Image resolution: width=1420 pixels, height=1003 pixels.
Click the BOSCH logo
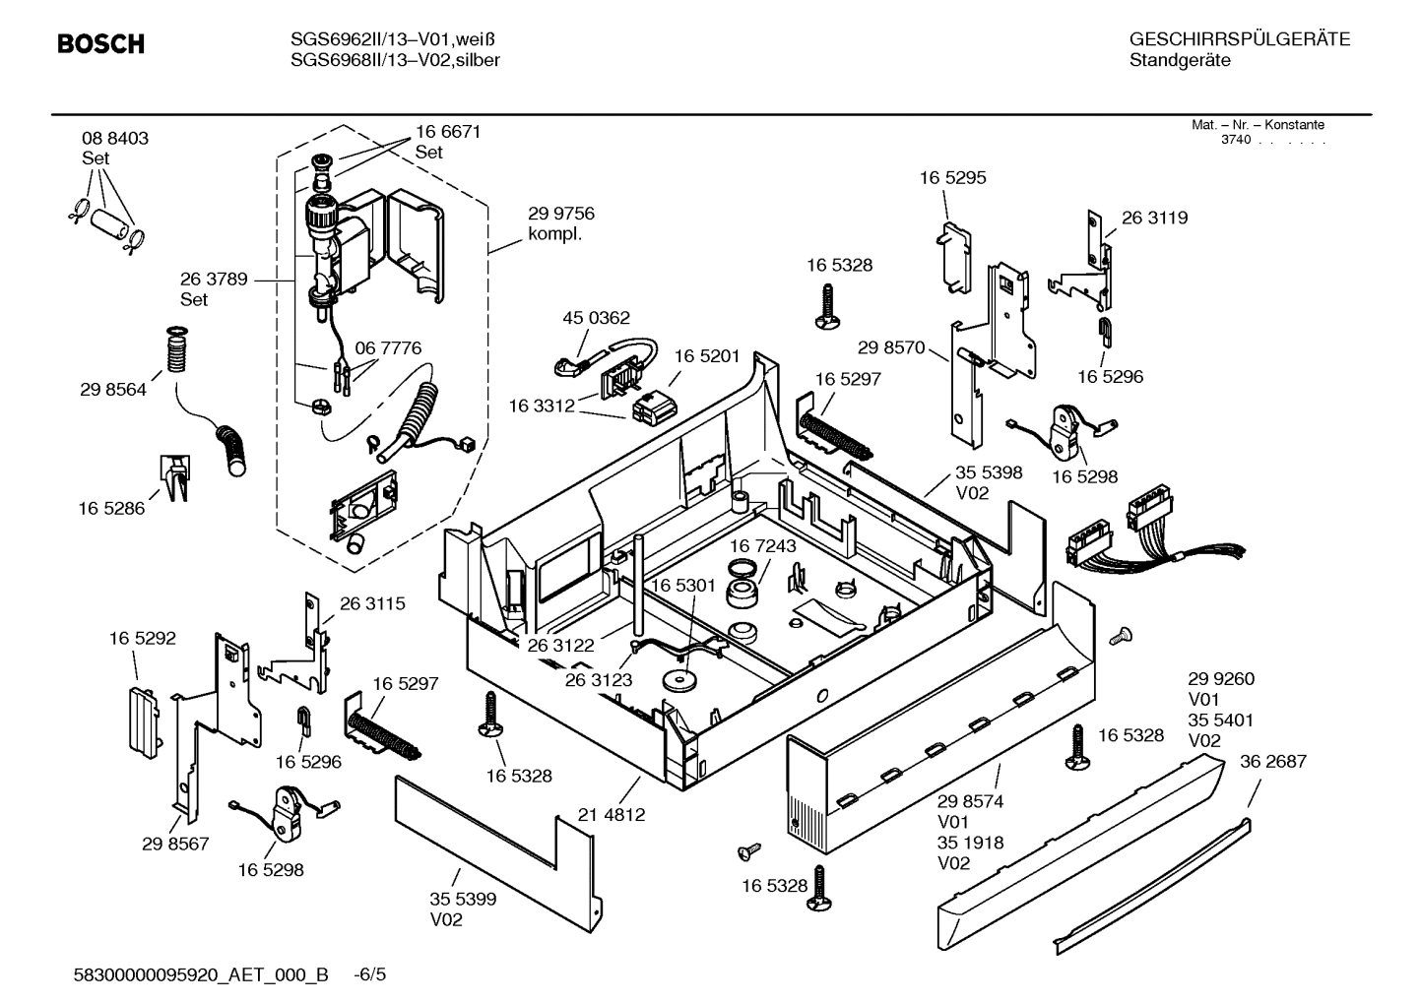tap(100, 44)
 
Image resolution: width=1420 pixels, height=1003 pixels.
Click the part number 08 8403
tap(115, 139)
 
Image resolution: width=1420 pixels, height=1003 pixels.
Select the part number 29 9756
tap(560, 214)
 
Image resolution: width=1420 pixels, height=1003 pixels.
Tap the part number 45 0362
tap(596, 318)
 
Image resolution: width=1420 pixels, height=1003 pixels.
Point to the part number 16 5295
tap(952, 178)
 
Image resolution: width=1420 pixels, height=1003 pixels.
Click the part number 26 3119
tap(1154, 218)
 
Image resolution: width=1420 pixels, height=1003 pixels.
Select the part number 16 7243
tap(763, 545)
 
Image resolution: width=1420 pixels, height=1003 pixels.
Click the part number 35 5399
tap(462, 899)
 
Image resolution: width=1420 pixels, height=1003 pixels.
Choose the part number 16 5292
tap(143, 638)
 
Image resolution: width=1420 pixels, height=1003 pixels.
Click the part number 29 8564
tap(113, 390)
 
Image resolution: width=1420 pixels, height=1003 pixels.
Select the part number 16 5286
tap(111, 508)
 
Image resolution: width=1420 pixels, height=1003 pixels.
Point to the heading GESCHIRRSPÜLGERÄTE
tap(1239, 39)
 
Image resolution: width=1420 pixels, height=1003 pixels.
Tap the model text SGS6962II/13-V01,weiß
tap(393, 39)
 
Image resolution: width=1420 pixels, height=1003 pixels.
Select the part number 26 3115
tap(372, 603)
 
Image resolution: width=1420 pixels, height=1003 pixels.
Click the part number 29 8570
tap(891, 346)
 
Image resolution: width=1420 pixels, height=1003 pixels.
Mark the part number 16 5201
tap(707, 355)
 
